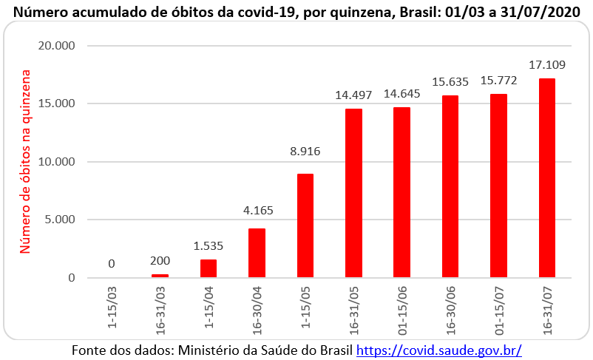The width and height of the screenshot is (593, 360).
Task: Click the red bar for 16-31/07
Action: pyautogui.click(x=547, y=178)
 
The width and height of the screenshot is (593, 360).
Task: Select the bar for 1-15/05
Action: pyautogui.click(x=305, y=225)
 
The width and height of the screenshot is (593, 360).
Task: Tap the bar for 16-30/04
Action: pyautogui.click(x=257, y=253)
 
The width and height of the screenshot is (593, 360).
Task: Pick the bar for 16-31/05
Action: pyautogui.click(x=353, y=193)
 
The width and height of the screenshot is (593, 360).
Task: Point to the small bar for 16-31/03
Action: pyautogui.click(x=160, y=276)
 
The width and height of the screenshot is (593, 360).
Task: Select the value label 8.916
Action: pyautogui.click(x=305, y=152)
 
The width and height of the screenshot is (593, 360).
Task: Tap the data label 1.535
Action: pyautogui.click(x=208, y=245)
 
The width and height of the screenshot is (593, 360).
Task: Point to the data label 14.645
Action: pyautogui.click(x=401, y=93)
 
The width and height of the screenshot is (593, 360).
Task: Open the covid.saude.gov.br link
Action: pyautogui.click(x=439, y=349)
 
